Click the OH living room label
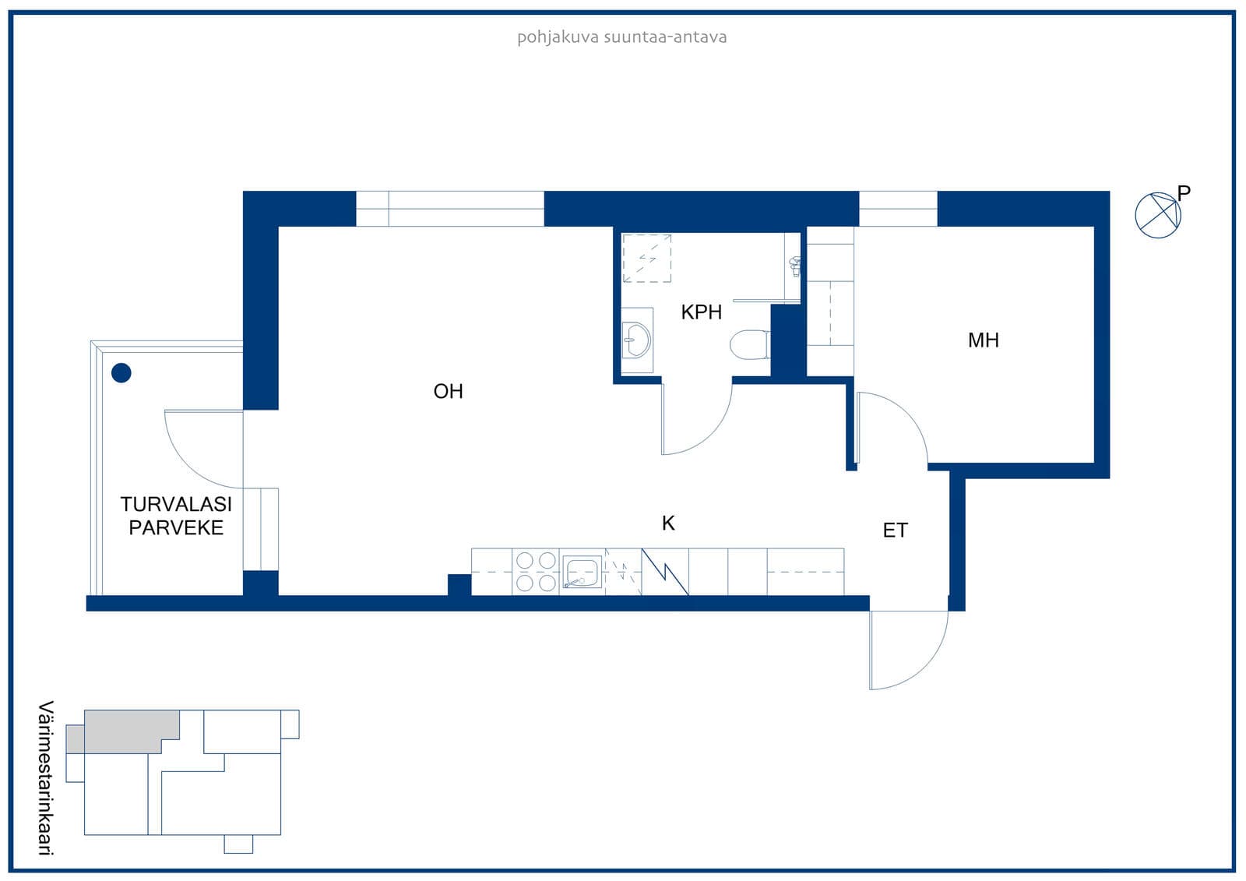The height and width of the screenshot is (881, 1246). [448, 391]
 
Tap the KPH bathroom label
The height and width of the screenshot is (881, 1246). [701, 312]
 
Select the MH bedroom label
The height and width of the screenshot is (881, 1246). [983, 340]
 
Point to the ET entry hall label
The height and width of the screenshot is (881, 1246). [895, 530]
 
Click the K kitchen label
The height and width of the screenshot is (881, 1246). [668, 523]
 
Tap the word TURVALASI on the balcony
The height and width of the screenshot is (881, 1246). [176, 504]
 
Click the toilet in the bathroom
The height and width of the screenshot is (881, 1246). [750, 345]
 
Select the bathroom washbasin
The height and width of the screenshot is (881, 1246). [635, 340]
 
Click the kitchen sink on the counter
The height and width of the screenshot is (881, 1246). [582, 572]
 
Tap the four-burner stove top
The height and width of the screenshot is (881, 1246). [536, 572]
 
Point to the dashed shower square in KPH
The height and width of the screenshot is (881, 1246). [646, 259]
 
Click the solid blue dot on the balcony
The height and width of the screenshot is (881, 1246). [121, 373]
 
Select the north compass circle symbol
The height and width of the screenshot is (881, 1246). [1158, 215]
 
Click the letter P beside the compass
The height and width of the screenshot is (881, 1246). [1184, 192]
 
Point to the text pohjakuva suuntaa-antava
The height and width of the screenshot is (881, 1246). [622, 37]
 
